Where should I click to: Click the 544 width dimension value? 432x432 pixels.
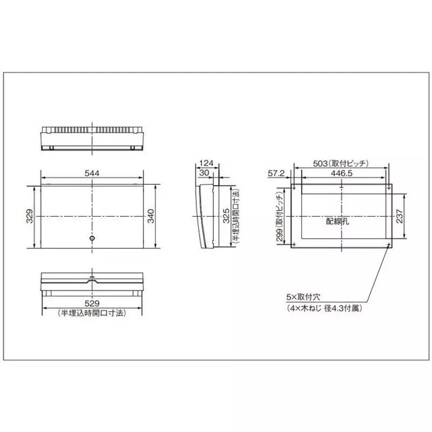click(x=92, y=173)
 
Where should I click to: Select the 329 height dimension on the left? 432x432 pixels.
click(x=30, y=216)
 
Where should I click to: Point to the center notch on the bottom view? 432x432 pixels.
click(x=92, y=280)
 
